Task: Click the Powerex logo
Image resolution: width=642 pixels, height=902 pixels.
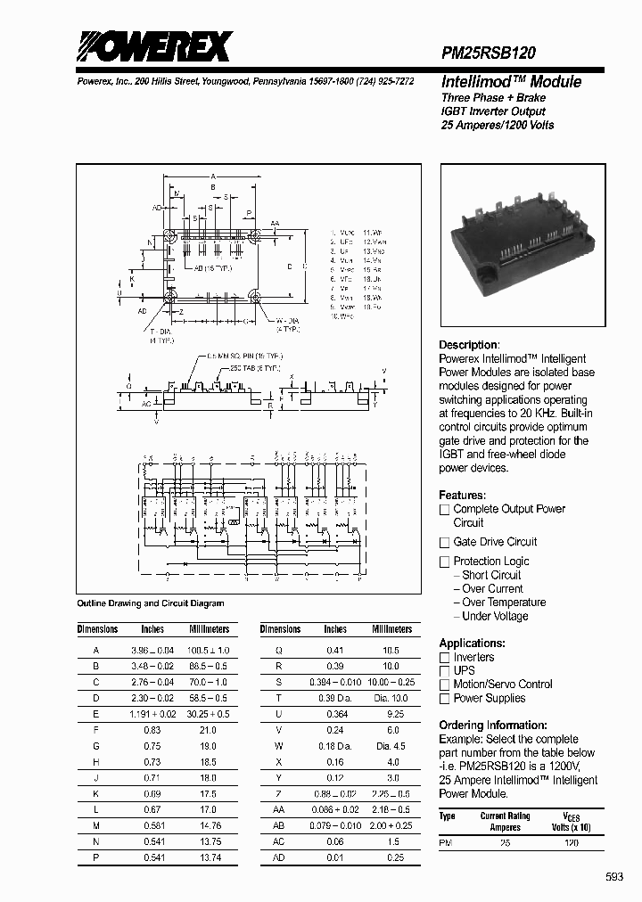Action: (x=152, y=45)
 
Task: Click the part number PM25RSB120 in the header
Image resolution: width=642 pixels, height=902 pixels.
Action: (x=489, y=54)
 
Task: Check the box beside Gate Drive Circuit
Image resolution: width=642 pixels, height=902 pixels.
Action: (x=445, y=542)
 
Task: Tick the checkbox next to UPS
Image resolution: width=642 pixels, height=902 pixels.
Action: (x=445, y=670)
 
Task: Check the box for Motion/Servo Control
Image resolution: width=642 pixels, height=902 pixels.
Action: (x=445, y=685)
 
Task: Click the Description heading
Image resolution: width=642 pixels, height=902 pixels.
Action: (x=468, y=345)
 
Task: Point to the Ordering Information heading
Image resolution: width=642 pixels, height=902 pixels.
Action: (x=493, y=726)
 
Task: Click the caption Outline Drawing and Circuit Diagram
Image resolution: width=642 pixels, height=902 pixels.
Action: (x=151, y=603)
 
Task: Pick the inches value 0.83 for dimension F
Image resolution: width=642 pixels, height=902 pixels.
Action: (x=152, y=730)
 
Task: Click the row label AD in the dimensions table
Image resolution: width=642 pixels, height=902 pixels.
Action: (x=278, y=858)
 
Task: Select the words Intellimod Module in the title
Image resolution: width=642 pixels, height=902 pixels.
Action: (x=511, y=82)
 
